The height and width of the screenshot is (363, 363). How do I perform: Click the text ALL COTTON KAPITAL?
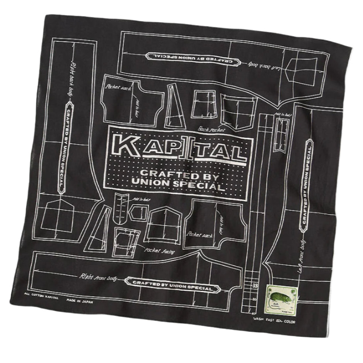(x=41, y=295)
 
